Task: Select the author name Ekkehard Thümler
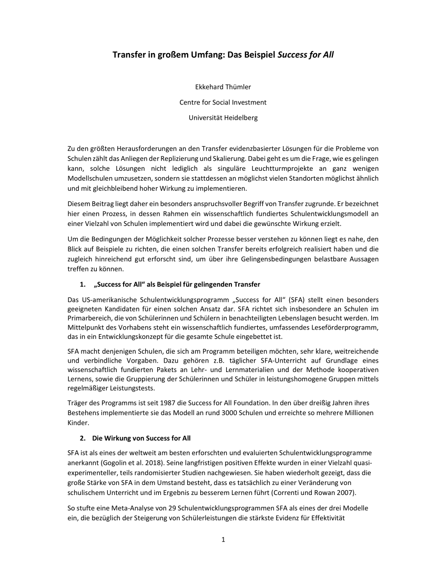223,87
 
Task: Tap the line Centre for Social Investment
223,102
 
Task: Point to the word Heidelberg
240,118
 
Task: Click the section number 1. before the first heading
83,285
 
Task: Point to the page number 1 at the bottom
223,539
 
